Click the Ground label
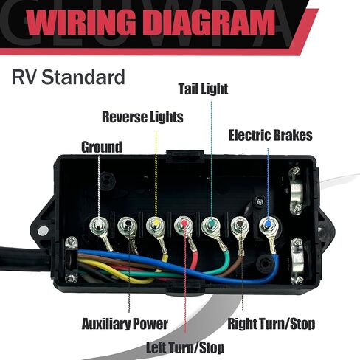point(102,147)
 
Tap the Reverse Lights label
point(142,117)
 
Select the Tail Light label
point(203,89)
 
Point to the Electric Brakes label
point(271,135)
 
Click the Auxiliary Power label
point(125,324)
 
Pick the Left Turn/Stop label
point(185,347)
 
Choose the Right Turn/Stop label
point(271,324)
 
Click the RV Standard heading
point(69,77)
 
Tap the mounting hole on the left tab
point(44,231)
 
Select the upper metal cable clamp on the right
point(296,190)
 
